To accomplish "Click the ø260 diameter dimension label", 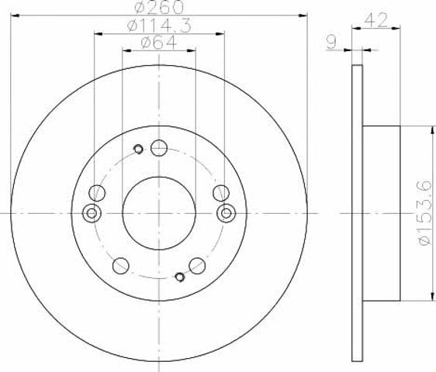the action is point(159,7).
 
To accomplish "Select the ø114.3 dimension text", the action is point(159,26).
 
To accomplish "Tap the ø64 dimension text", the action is point(159,43).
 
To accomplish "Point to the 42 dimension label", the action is point(376,20).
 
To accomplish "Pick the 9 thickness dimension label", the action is point(331,42).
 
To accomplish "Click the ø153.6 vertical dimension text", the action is point(424,213).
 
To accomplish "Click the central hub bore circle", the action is point(159,213).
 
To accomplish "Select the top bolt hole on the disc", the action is point(159,148).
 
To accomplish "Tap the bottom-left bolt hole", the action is point(121,266).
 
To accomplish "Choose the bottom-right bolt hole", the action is point(197,266).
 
